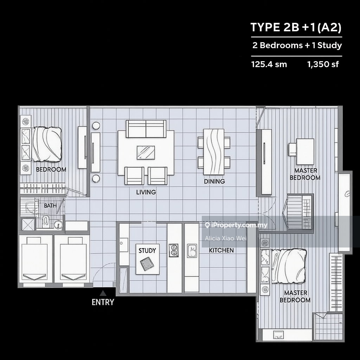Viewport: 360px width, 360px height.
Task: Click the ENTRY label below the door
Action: click(103, 302)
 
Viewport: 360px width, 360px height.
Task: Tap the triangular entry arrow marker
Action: click(103, 293)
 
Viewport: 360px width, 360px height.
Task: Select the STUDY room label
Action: click(147, 250)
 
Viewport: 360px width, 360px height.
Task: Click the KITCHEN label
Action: click(221, 250)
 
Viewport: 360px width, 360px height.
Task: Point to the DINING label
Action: click(214, 181)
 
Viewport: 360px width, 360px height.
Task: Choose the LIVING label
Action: click(146, 192)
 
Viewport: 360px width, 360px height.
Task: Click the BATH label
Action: click(50, 205)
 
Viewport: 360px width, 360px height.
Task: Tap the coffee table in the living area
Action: click(146, 153)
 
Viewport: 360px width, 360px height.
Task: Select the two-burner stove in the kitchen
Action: click(174, 250)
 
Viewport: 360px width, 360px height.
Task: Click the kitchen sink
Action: click(192, 250)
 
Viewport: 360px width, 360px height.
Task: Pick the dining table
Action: click(214, 152)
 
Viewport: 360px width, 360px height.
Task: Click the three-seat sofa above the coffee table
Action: click(146, 129)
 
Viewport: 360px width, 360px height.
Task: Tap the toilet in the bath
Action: click(46, 221)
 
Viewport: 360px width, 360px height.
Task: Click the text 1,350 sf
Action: click(323, 65)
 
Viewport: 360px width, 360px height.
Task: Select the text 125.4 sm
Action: click(269, 65)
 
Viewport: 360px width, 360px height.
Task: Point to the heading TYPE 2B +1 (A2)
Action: click(296, 27)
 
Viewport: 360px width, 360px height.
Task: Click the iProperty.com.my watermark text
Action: click(239, 225)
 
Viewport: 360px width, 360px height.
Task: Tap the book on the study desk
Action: click(147, 264)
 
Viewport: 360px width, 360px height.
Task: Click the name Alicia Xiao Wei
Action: click(226, 238)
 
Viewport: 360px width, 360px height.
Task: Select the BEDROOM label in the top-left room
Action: click(51, 169)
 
